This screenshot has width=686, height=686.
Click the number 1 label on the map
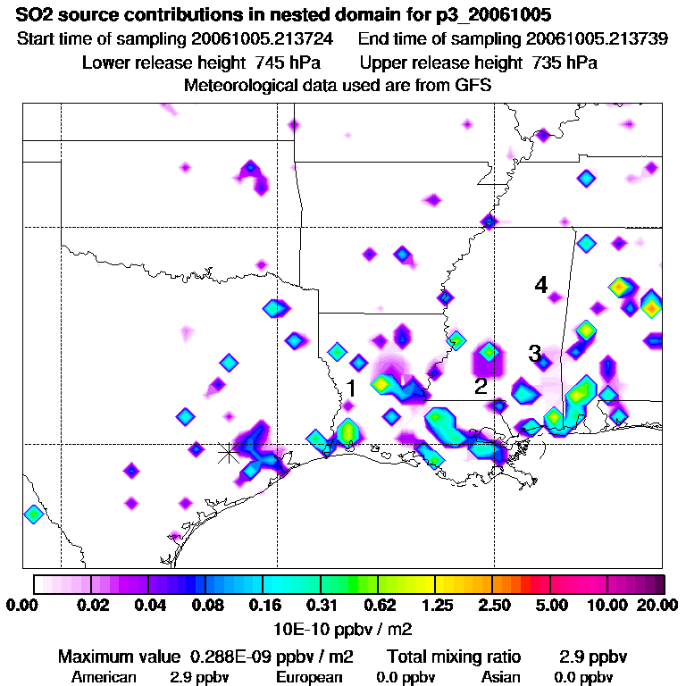(352, 389)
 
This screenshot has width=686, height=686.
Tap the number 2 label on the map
(481, 386)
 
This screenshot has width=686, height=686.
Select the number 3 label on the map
(534, 354)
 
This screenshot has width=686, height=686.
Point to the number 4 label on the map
(540, 285)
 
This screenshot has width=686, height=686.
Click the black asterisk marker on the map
(229, 453)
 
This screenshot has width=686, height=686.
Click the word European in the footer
(309, 677)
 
